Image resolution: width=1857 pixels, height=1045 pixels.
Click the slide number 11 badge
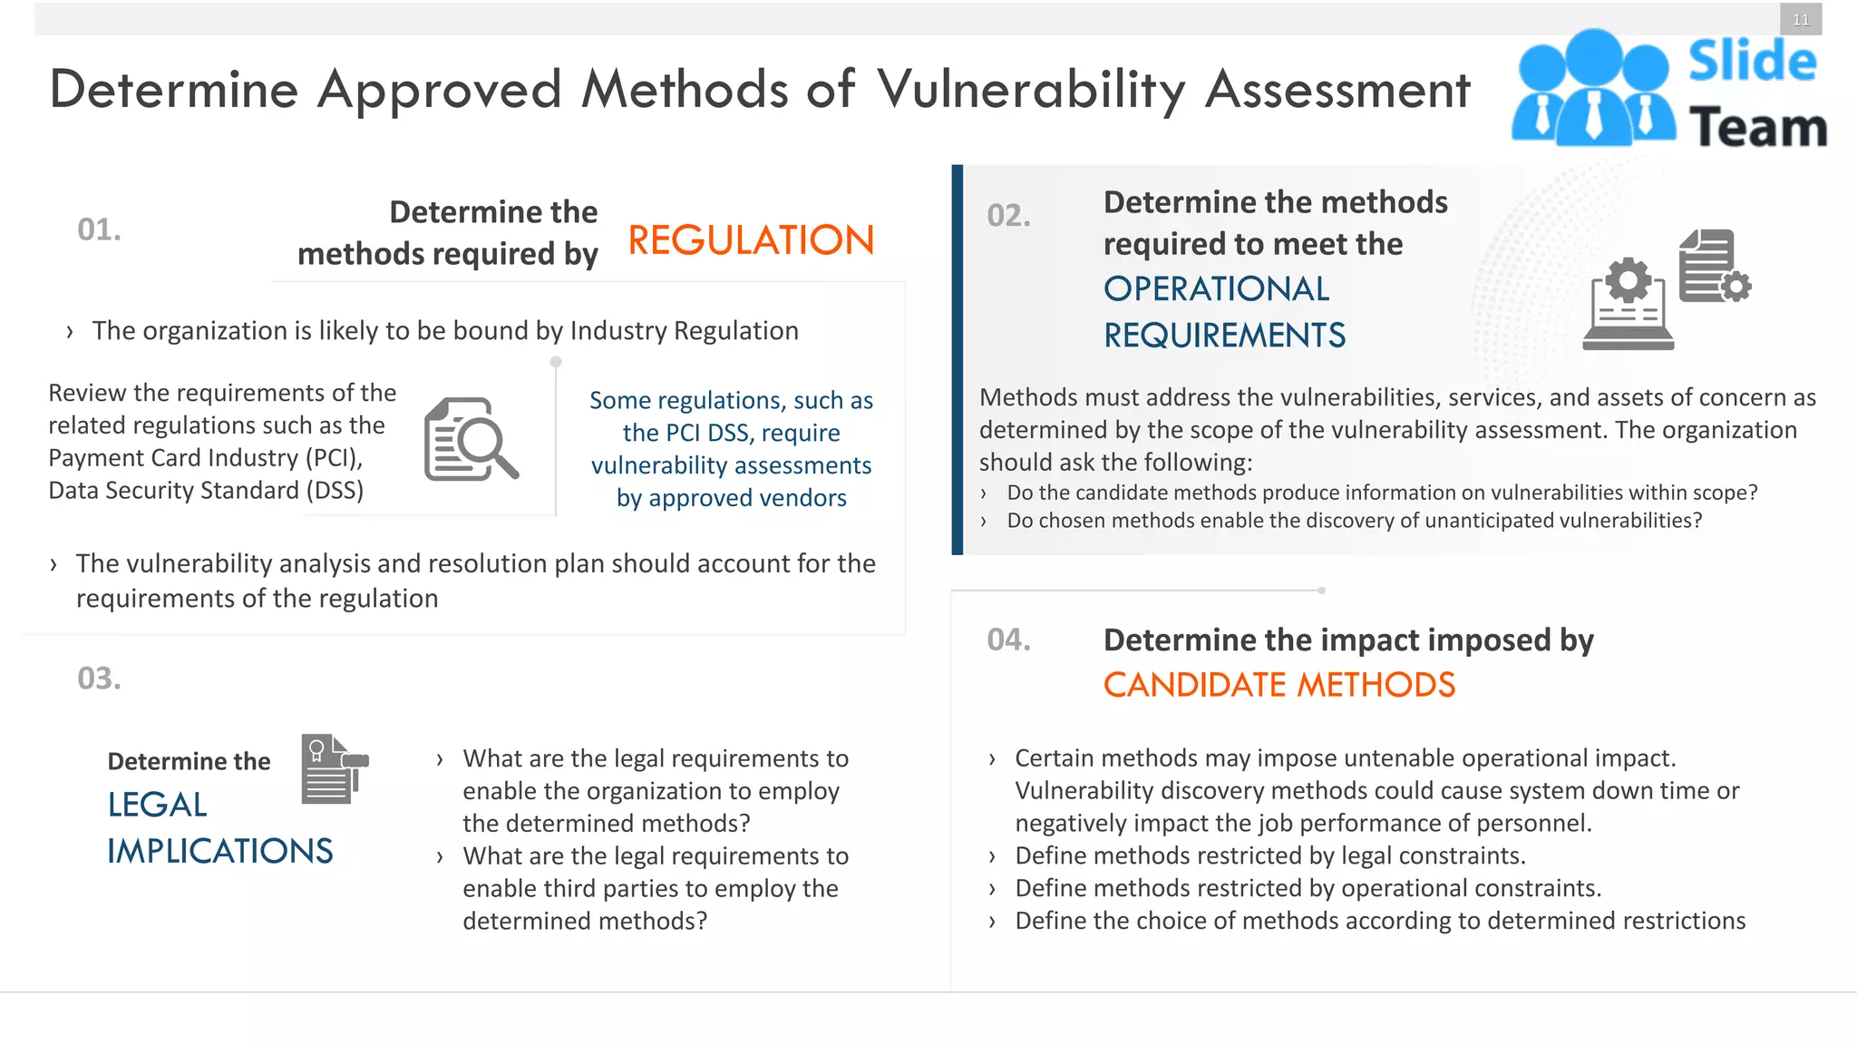pos(1800,20)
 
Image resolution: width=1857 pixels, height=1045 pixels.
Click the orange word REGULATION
pos(751,241)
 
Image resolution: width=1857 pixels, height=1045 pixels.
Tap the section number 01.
pos(99,230)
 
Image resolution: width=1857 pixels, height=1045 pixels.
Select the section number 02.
pos(1008,216)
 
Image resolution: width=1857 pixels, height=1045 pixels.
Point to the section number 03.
pos(99,679)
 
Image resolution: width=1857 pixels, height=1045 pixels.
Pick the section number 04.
pos(1008,640)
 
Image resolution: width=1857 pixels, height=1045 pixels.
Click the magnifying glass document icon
pos(470,439)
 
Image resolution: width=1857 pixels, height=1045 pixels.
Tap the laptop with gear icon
pos(1629,304)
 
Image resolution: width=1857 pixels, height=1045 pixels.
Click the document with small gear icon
pos(1713,266)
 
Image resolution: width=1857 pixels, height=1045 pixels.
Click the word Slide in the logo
pos(1752,62)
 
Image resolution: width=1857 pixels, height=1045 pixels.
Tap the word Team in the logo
pos(1757,127)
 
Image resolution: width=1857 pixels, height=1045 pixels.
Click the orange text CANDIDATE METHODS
pos(1279,685)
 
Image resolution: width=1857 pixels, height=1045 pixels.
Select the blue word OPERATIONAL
pos(1216,289)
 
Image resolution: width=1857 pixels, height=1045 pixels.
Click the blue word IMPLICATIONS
pos(220,852)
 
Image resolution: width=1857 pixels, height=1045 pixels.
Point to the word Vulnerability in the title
pos(1031,90)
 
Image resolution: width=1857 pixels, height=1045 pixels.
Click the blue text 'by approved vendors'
pos(731,498)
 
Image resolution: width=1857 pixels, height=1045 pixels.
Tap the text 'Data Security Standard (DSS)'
pos(206,491)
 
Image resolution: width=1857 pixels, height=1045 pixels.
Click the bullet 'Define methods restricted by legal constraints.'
pos(1269,855)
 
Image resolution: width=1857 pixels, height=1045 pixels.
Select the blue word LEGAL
pos(157,805)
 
